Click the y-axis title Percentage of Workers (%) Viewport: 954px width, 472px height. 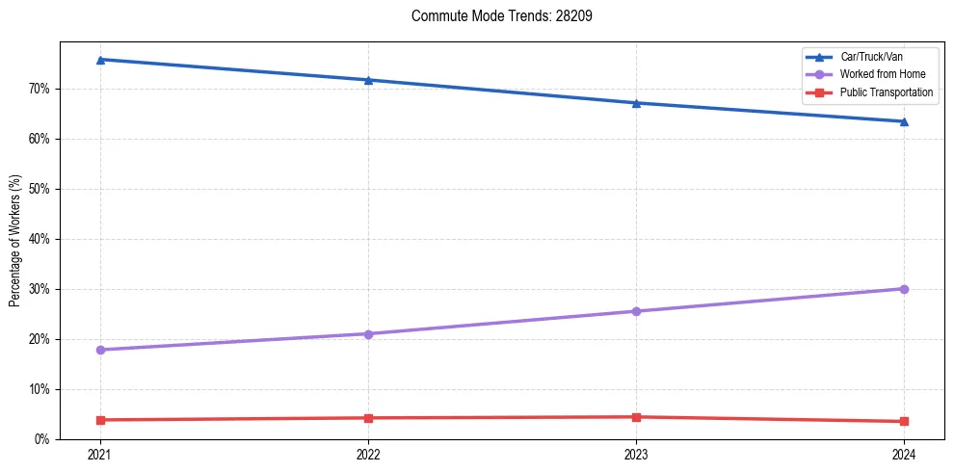[x=15, y=241]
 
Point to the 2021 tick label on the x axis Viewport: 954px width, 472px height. [x=100, y=455]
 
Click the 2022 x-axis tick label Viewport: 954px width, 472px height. [x=368, y=455]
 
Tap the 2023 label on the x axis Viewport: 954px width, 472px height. [x=636, y=455]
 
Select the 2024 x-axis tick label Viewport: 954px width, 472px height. [x=904, y=455]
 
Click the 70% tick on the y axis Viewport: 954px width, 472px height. [x=39, y=89]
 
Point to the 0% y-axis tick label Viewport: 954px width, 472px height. [x=41, y=439]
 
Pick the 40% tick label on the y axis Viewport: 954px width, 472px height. [x=39, y=239]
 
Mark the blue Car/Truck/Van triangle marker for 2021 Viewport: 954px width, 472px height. [x=100, y=60]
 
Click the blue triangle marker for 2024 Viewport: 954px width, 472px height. [x=904, y=121]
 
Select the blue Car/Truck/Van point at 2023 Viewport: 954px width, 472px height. [x=636, y=103]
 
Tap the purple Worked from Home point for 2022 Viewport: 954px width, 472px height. [x=368, y=334]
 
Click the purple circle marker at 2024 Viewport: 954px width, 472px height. [x=904, y=289]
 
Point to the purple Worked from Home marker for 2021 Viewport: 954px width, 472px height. [x=100, y=350]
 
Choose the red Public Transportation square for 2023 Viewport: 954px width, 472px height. [x=636, y=417]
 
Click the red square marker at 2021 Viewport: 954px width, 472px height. [x=100, y=420]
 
